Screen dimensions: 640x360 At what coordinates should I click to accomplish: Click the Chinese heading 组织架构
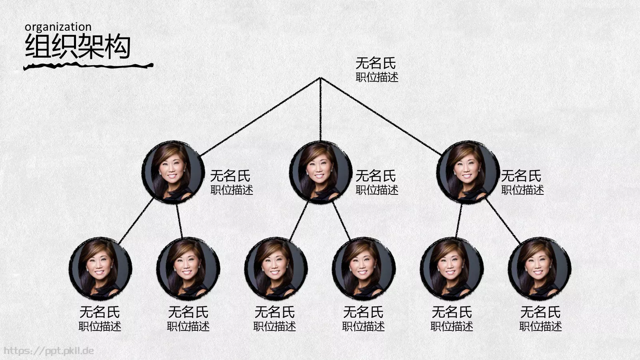(x=78, y=46)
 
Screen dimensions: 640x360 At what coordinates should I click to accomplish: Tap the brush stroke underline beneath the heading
(x=88, y=66)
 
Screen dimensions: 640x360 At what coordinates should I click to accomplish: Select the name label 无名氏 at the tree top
(x=376, y=63)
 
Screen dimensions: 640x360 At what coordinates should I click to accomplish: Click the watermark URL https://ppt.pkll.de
(x=49, y=350)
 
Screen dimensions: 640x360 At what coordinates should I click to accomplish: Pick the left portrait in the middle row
(x=173, y=172)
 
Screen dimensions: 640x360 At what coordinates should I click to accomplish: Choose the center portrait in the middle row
(x=320, y=172)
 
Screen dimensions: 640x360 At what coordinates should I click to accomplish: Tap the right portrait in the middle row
(x=468, y=172)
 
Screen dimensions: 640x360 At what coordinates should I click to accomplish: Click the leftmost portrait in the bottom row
(x=100, y=268)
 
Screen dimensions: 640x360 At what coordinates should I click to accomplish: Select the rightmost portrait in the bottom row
(x=540, y=268)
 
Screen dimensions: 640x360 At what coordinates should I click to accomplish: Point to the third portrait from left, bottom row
(x=276, y=268)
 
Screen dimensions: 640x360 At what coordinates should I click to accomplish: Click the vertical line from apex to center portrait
(x=320, y=109)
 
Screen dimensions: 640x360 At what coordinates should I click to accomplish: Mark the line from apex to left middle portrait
(x=260, y=117)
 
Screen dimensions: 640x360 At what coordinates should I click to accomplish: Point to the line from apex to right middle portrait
(x=381, y=116)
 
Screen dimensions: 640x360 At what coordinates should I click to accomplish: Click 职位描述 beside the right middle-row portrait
(x=522, y=190)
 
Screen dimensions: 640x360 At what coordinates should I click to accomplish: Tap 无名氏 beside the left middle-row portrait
(x=230, y=176)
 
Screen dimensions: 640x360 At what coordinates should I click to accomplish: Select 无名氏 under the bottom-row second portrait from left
(x=188, y=312)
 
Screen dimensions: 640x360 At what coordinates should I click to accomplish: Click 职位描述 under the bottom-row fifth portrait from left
(x=452, y=326)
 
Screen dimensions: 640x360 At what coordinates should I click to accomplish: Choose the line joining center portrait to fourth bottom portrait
(x=342, y=221)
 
